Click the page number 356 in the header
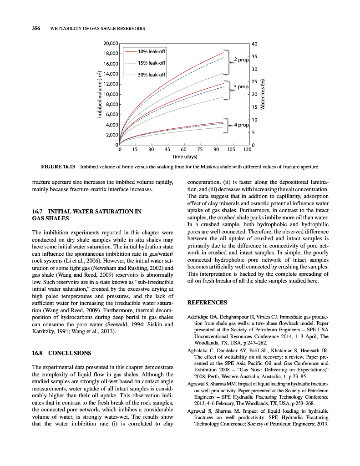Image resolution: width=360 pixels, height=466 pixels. click(36, 29)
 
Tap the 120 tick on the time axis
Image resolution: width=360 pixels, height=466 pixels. click(247, 149)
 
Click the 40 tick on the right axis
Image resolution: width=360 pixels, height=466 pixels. click(254, 44)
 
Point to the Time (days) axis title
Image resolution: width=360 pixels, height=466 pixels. click(184, 157)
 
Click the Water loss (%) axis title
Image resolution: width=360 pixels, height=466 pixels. click(262, 94)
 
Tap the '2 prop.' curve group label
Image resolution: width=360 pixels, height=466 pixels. click(242, 60)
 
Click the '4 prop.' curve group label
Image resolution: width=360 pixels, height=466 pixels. click(242, 124)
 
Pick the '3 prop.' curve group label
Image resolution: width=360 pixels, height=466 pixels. click(242, 86)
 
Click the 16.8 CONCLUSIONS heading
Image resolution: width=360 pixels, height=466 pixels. click(62, 353)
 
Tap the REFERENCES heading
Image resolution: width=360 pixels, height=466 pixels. click(207, 302)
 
